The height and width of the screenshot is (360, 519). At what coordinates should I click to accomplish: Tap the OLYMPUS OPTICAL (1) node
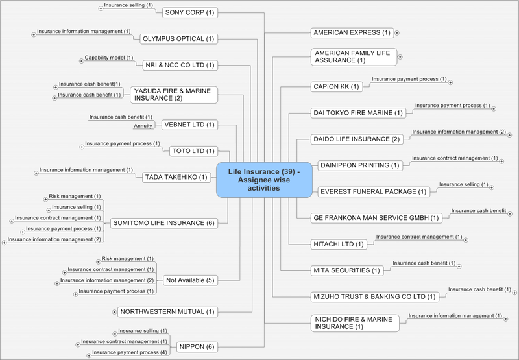[178, 39]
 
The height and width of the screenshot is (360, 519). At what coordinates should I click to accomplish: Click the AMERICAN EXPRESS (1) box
[351, 32]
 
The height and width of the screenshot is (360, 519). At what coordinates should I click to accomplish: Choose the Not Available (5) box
[191, 280]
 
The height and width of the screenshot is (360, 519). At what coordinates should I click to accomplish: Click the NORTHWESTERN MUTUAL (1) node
[167, 312]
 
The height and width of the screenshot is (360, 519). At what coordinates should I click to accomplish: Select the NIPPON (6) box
[197, 346]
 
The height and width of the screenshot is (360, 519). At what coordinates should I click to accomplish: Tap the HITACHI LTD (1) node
[339, 244]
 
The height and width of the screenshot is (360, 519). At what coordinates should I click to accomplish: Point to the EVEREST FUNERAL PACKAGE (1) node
[373, 191]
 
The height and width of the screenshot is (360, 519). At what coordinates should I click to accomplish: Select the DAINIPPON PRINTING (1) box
[359, 165]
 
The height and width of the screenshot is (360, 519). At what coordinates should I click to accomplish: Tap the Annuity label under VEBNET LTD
[143, 126]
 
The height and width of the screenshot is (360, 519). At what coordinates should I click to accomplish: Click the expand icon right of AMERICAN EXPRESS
[398, 32]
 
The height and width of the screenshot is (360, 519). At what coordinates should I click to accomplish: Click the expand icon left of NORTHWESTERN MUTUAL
[115, 312]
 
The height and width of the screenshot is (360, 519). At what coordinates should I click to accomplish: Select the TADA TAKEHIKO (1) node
[176, 177]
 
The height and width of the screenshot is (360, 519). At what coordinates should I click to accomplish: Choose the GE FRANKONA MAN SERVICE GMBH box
[376, 218]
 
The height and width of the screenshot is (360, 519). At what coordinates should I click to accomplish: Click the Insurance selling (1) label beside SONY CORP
[128, 5]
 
